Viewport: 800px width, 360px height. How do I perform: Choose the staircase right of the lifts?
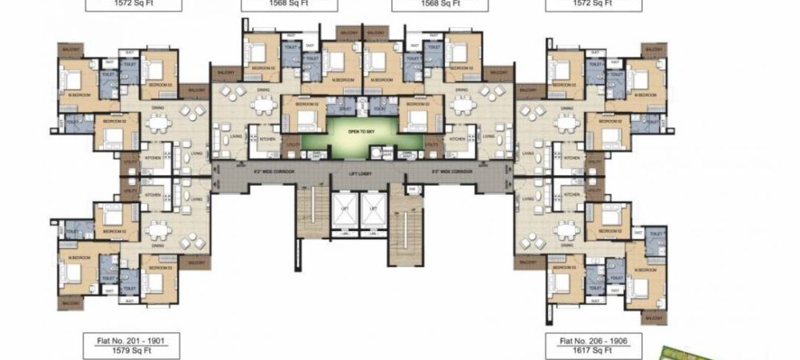406,224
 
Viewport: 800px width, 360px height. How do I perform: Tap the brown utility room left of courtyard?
291,146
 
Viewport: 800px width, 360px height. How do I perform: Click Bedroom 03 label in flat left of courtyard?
262,68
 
